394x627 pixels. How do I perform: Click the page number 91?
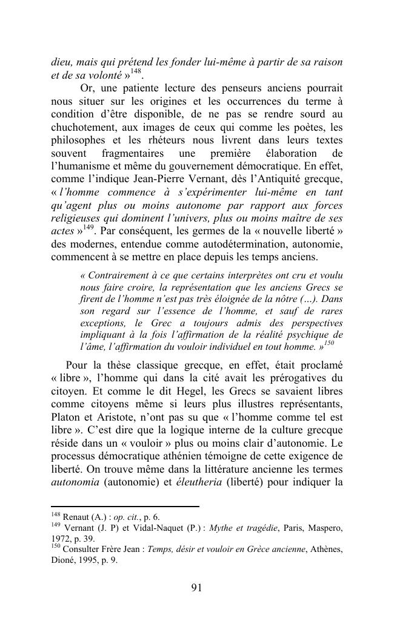coord(196,588)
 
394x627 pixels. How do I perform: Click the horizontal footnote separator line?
coord(125,507)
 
